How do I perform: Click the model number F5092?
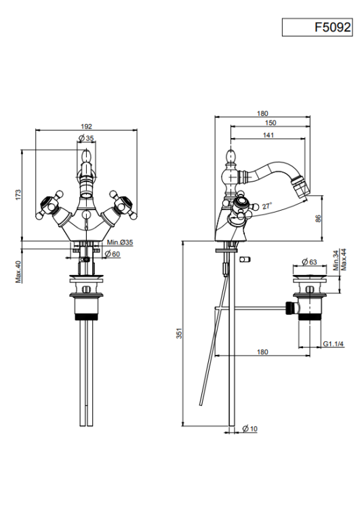pyautogui.click(x=333, y=27)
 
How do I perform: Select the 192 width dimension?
pyautogui.click(x=87, y=127)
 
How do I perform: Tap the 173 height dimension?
pyautogui.click(x=18, y=194)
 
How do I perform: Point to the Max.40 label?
pyautogui.click(x=18, y=272)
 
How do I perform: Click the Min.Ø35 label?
pyautogui.click(x=120, y=242)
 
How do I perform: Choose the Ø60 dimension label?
pyautogui.click(x=113, y=254)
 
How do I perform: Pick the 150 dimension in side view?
pyautogui.click(x=271, y=123)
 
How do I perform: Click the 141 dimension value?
pyautogui.click(x=268, y=135)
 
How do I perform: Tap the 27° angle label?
pyautogui.click(x=267, y=206)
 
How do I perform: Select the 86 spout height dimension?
pyautogui.click(x=318, y=218)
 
